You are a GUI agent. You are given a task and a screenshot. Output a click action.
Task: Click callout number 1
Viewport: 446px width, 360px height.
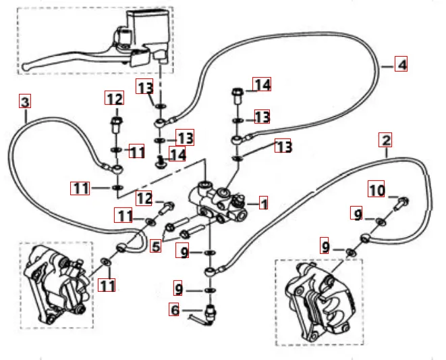[264, 203]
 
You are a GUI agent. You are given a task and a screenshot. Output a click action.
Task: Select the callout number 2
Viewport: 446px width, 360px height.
[385, 140]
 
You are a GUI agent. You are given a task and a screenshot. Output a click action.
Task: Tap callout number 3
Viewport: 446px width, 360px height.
[25, 103]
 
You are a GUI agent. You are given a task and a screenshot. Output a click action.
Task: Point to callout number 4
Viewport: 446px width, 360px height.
[401, 65]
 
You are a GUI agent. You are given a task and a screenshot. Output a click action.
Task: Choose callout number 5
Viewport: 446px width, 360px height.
[157, 247]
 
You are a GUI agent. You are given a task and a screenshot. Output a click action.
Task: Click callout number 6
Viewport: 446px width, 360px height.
[175, 310]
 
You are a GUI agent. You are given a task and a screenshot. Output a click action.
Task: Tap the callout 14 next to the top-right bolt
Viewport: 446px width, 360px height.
[262, 84]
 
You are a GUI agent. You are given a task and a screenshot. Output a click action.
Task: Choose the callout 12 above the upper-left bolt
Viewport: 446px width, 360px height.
[115, 99]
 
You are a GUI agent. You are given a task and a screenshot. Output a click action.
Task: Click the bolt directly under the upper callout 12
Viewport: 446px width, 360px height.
[115, 125]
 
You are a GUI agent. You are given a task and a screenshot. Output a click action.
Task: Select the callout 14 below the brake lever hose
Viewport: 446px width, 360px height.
[178, 155]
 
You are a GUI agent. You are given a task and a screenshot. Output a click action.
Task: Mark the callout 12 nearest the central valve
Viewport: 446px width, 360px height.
[146, 199]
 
